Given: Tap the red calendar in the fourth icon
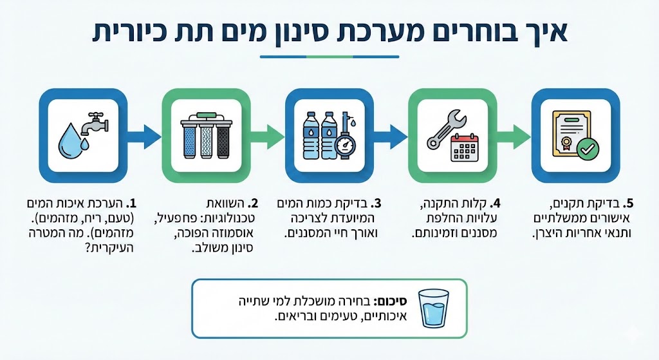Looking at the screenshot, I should tap(465, 147).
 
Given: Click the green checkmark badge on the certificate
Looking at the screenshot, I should tap(587, 149).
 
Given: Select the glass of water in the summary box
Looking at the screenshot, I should tap(435, 307).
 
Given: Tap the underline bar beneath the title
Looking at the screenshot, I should tap(329, 57).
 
